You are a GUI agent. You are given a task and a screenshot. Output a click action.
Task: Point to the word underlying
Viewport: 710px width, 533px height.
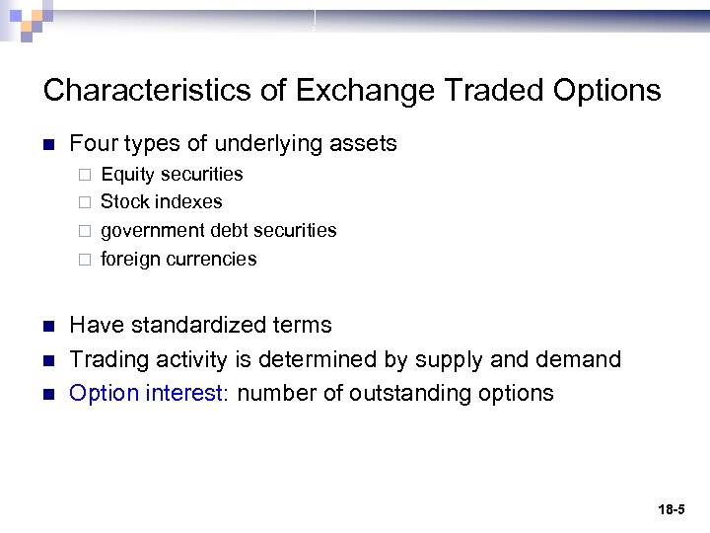263,144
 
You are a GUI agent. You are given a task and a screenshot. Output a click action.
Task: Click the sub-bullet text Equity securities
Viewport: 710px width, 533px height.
172,175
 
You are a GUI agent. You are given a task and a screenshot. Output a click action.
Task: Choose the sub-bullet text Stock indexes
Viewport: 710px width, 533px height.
162,202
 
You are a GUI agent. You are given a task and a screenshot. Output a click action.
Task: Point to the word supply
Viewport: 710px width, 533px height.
450,359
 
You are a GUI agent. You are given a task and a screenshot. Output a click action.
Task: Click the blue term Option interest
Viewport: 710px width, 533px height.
146,393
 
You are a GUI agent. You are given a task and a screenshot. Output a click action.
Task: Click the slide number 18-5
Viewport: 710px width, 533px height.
672,510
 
